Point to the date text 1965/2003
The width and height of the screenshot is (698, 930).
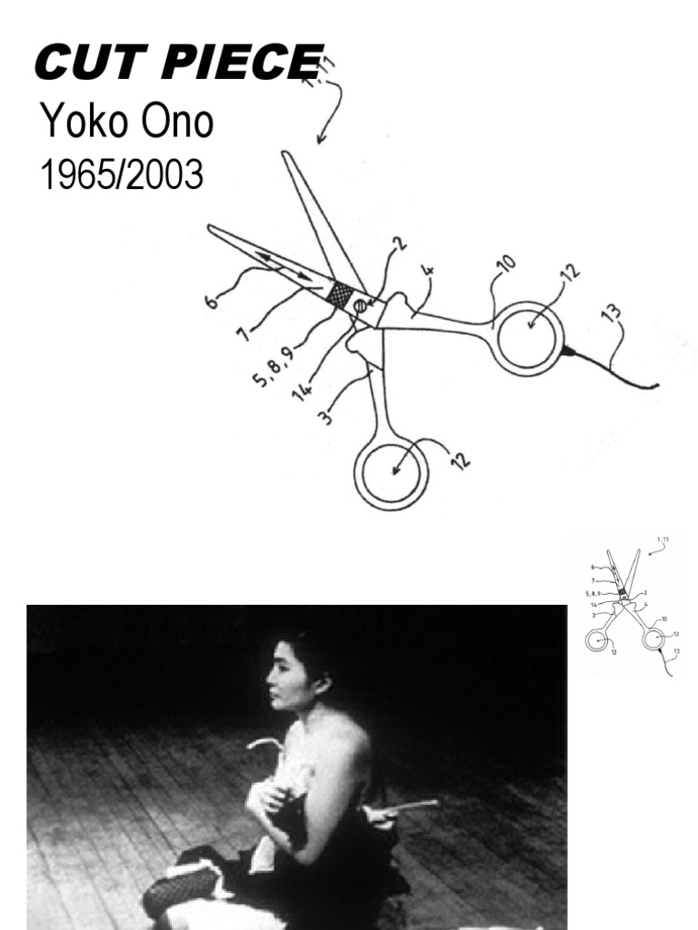pos(121,175)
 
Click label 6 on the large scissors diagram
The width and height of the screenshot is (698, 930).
pos(211,298)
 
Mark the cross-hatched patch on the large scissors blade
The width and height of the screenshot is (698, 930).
pos(340,293)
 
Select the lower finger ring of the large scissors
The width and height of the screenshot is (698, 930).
pos(391,473)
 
